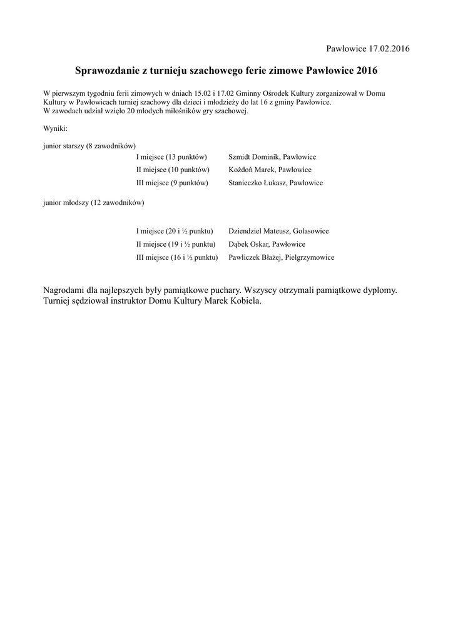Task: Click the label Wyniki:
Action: (x=55, y=128)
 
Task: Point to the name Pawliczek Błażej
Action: (x=254, y=257)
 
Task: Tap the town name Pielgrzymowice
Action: (x=309, y=257)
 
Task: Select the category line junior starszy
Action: (x=89, y=145)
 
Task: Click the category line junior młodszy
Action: (x=94, y=203)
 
